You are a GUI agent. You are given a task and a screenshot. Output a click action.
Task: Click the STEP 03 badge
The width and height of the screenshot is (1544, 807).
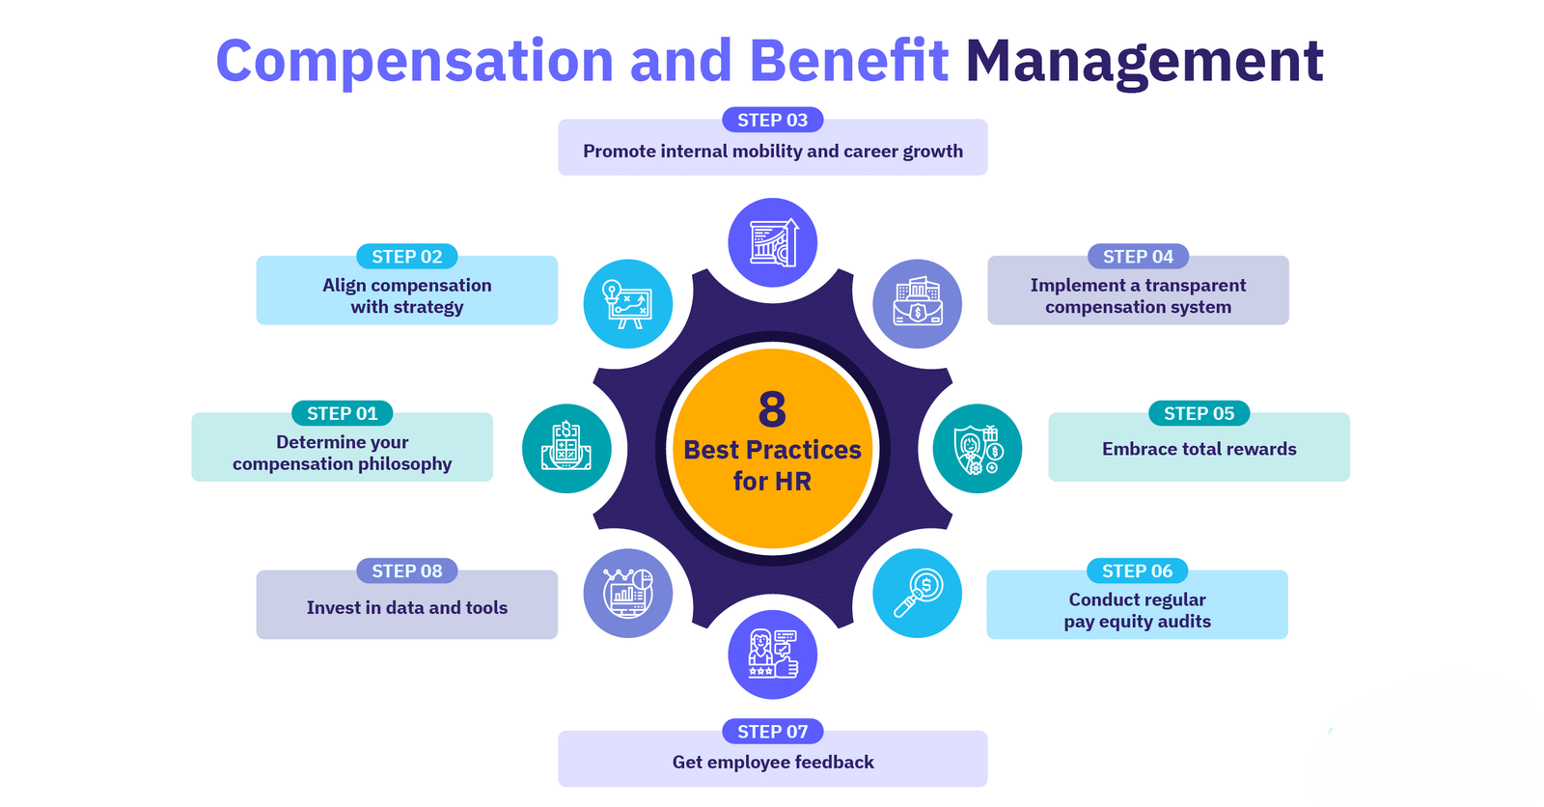772,120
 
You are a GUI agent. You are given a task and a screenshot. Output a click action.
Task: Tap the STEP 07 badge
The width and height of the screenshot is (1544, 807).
772,731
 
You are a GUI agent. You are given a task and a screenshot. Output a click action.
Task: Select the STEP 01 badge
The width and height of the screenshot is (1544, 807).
342,413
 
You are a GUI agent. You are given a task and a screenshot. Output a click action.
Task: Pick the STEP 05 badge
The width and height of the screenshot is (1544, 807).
1199,413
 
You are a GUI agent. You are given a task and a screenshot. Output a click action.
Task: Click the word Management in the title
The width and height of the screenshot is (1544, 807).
1144,62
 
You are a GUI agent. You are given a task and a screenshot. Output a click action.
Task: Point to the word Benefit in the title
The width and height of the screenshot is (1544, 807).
848,60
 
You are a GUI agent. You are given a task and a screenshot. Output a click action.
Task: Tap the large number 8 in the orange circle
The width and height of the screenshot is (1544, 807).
772,409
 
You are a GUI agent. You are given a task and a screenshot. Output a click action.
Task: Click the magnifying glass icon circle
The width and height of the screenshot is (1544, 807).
917,593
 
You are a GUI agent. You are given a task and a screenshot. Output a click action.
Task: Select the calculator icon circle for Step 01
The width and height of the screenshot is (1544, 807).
566,448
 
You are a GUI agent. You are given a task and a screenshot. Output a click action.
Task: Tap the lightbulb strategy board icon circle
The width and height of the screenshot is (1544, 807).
628,303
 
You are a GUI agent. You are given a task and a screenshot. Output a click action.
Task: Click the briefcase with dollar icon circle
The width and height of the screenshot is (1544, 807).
917,303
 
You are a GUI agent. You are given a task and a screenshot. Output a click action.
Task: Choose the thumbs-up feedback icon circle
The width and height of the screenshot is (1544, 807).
773,654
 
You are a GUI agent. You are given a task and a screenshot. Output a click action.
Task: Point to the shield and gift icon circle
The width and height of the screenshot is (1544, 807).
978,448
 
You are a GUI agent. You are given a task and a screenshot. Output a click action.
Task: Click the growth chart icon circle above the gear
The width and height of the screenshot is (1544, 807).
773,242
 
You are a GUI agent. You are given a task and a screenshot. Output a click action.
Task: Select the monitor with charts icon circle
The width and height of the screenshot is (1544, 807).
628,593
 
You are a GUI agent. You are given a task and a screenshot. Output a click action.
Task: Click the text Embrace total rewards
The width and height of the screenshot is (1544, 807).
1199,449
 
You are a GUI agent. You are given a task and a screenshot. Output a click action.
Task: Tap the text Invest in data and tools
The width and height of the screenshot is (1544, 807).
406,608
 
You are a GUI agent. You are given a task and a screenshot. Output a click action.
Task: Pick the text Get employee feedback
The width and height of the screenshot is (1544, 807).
773,763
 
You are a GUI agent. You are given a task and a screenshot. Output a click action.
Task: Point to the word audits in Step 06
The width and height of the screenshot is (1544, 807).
1183,622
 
